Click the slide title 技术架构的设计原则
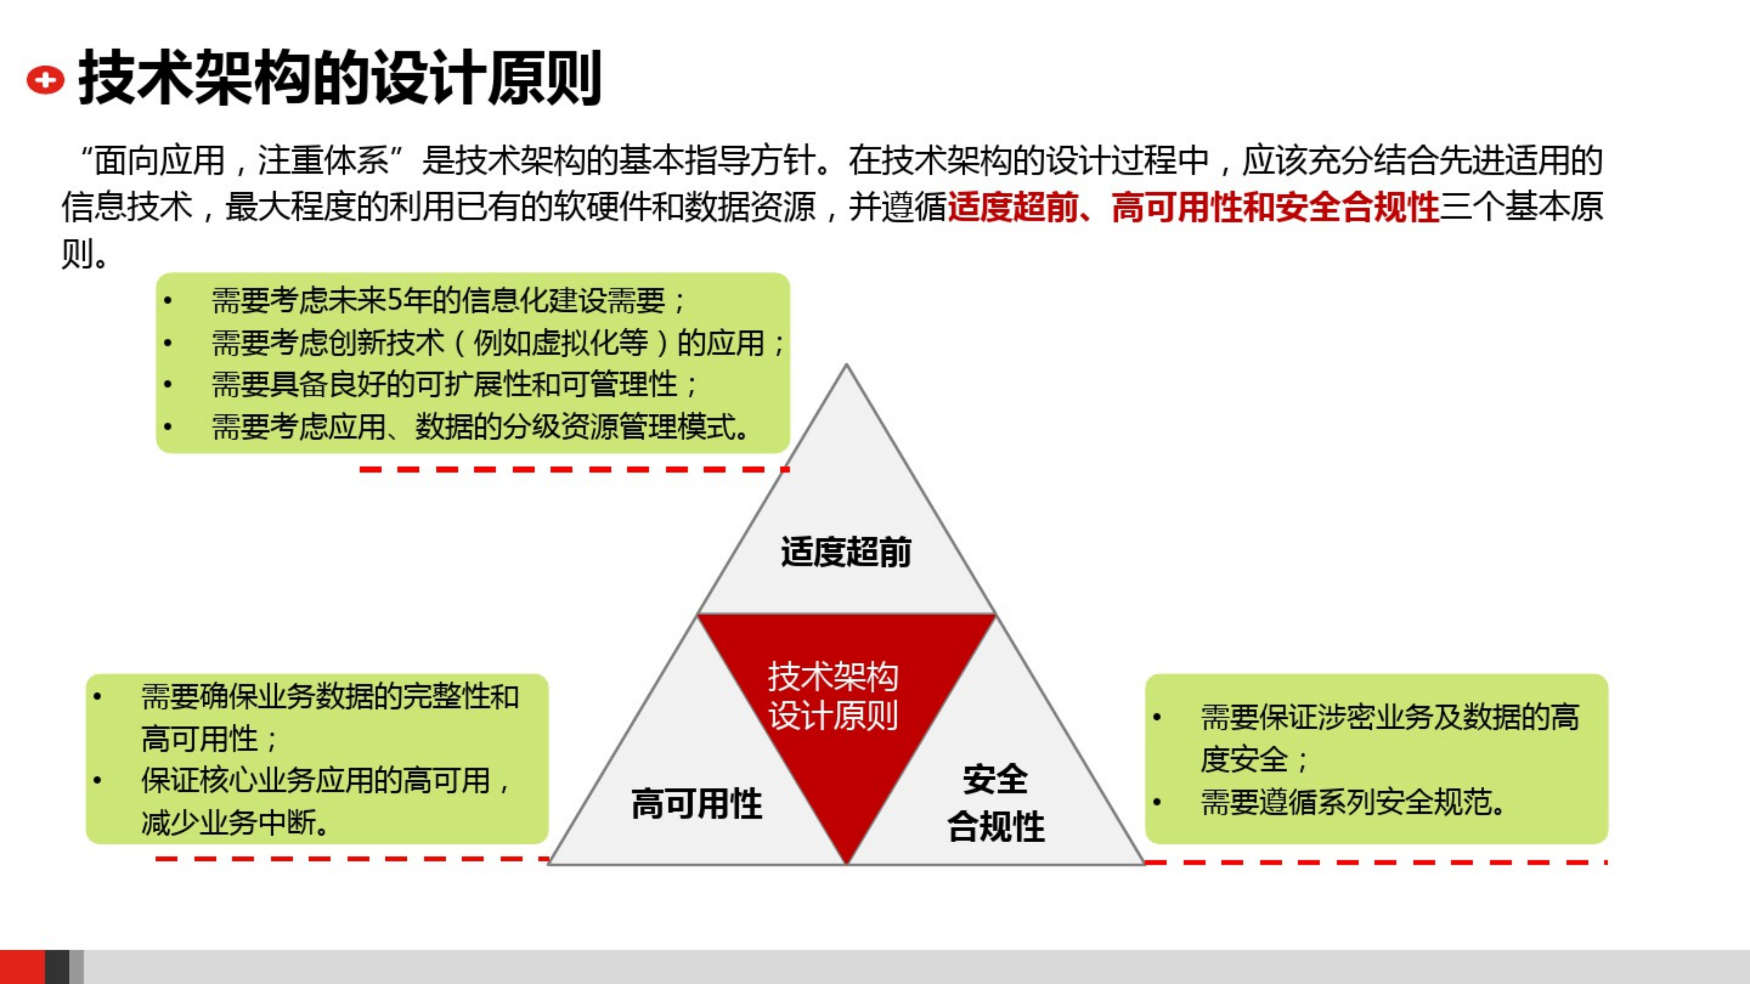tap(340, 78)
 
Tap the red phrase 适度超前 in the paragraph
tap(1012, 206)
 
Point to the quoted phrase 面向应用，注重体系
tap(241, 161)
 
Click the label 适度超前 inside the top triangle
tap(846, 551)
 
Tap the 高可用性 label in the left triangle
tap(697, 804)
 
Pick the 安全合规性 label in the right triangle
tap(995, 803)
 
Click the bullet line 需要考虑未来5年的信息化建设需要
tap(449, 300)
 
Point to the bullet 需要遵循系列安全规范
tap(1352, 802)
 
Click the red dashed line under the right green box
tap(1376, 862)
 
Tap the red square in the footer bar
tap(22, 967)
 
